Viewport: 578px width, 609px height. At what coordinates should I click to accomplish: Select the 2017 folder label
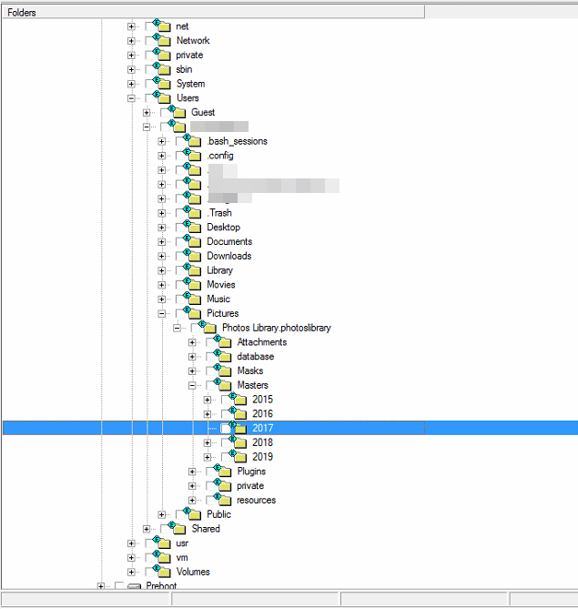pyautogui.click(x=262, y=428)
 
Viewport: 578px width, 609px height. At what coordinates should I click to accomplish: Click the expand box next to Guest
pyautogui.click(x=147, y=113)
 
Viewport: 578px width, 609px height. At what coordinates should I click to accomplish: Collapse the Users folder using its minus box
pyautogui.click(x=132, y=98)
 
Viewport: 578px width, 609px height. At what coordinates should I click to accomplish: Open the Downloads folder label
pyautogui.click(x=228, y=256)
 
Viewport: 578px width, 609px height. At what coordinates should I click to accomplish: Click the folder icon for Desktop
pyautogui.click(x=193, y=227)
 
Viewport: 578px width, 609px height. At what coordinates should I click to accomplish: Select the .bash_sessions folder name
pyautogui.click(x=237, y=141)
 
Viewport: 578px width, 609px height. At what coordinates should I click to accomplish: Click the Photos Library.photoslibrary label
pyautogui.click(x=276, y=328)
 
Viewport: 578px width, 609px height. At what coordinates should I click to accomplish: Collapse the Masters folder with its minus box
pyautogui.click(x=192, y=385)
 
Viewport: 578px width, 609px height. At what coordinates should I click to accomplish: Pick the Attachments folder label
pyautogui.click(x=261, y=342)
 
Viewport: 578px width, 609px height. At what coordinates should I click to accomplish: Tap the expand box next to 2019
pyautogui.click(x=208, y=457)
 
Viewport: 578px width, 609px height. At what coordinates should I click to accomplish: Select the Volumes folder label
pyautogui.click(x=193, y=572)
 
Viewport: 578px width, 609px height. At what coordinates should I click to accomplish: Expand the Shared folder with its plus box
pyautogui.click(x=147, y=529)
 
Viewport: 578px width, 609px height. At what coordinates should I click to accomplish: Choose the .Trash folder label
pyautogui.click(x=218, y=213)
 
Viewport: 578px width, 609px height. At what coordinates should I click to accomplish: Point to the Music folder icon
pyautogui.click(x=193, y=299)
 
